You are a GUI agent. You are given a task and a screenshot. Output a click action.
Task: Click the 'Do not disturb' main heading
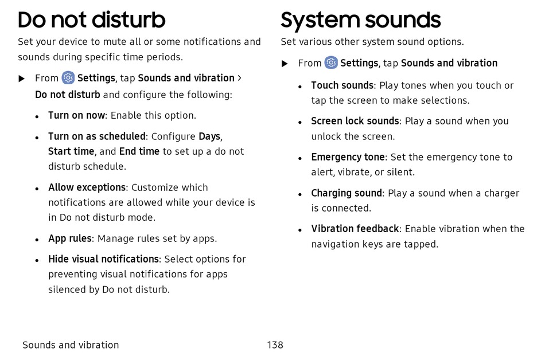(91, 20)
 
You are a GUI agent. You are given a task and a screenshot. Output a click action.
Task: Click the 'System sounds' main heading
(361, 21)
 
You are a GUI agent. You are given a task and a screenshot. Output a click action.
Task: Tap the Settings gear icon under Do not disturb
(68, 78)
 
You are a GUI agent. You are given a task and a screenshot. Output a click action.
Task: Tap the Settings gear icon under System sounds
(331, 62)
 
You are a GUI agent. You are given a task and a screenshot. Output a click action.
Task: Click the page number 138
(275, 345)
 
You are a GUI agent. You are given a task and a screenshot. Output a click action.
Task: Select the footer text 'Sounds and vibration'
(71, 345)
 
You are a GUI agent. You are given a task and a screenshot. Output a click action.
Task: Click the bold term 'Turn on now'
(76, 115)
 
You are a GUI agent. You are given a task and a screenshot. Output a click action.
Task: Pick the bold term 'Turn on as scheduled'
(96, 136)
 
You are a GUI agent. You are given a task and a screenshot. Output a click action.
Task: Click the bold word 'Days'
(209, 136)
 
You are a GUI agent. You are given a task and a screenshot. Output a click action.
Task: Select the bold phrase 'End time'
(139, 151)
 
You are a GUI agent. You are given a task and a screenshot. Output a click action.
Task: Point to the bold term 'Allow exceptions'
(87, 187)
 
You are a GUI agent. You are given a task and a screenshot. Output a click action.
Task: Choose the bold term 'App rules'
(70, 238)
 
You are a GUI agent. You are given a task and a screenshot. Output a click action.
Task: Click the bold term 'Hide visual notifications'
(104, 259)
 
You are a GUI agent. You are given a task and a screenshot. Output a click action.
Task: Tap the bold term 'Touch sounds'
(342, 85)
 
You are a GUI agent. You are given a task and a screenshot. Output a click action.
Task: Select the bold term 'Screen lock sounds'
(355, 121)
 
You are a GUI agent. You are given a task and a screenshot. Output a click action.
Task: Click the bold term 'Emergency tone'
(348, 157)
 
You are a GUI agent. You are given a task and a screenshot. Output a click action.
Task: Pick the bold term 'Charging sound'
(347, 193)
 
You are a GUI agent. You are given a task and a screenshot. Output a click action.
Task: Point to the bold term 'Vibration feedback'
(355, 229)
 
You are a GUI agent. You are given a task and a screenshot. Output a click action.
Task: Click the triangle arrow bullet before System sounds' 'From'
(285, 64)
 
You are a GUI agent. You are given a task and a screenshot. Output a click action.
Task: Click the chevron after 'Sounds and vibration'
(239, 78)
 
